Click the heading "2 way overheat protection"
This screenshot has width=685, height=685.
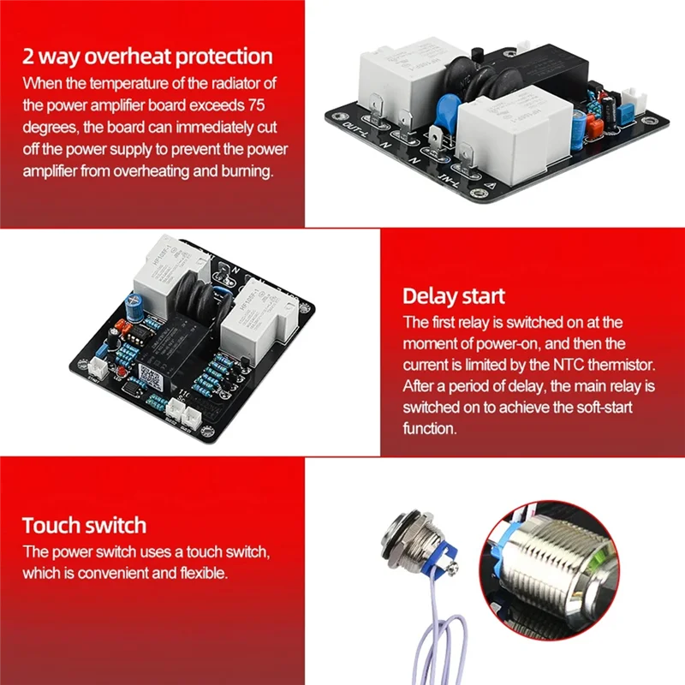pos(147,57)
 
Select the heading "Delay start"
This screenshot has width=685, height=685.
pos(454,296)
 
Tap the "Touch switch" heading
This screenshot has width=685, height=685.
pos(84,525)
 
